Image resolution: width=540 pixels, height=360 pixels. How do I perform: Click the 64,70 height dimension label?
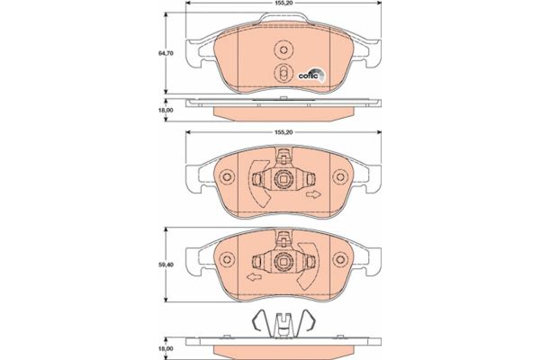click(x=166, y=53)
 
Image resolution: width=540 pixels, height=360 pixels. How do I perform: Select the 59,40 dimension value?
click(x=166, y=265)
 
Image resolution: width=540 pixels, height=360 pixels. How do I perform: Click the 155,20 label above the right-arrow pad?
click(x=283, y=132)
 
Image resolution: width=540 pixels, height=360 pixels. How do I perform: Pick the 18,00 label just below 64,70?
click(x=166, y=110)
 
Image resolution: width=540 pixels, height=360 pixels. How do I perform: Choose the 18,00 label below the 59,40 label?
click(x=166, y=348)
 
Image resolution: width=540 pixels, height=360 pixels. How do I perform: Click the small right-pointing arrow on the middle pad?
click(x=313, y=194)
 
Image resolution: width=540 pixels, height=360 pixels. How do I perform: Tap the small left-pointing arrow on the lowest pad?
click(x=254, y=276)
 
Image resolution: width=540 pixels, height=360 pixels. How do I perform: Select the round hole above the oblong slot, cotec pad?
click(x=283, y=50)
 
